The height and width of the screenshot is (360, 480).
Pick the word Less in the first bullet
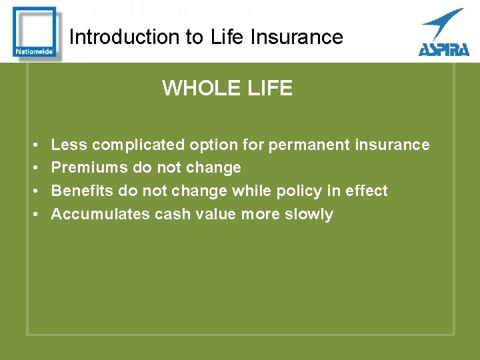pos(69,145)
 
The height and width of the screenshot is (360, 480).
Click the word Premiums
pos(90,168)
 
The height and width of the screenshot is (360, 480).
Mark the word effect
pos(366,191)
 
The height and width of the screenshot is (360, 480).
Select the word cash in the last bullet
pos(173,214)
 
